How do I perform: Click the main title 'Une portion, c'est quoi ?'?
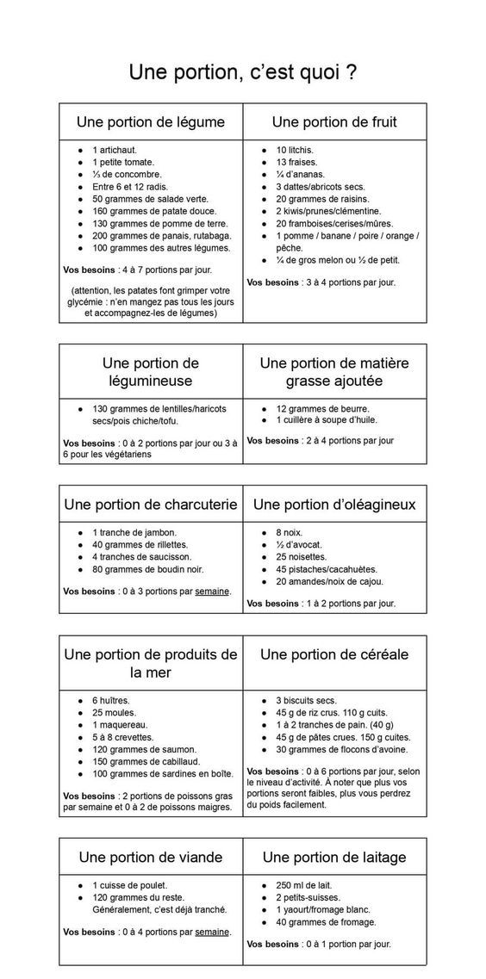pyautogui.click(x=243, y=72)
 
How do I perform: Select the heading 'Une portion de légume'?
pyautogui.click(x=151, y=122)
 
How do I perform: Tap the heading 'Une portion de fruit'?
pyautogui.click(x=334, y=122)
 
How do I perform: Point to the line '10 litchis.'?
pyautogui.click(x=295, y=150)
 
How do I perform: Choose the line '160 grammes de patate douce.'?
pyautogui.click(x=154, y=211)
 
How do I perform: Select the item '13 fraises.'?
pyautogui.click(x=296, y=162)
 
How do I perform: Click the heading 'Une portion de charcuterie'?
pyautogui.click(x=151, y=504)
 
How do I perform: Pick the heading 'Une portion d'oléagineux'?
pyautogui.click(x=334, y=504)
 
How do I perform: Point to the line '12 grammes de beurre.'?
pyautogui.click(x=322, y=408)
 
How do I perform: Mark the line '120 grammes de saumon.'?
pyautogui.click(x=144, y=749)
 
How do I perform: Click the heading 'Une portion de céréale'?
pyautogui.click(x=334, y=654)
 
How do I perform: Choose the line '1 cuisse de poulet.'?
pyautogui.click(x=129, y=884)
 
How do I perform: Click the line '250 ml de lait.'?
pyautogui.click(x=303, y=884)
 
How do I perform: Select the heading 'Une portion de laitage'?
pyautogui.click(x=334, y=857)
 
